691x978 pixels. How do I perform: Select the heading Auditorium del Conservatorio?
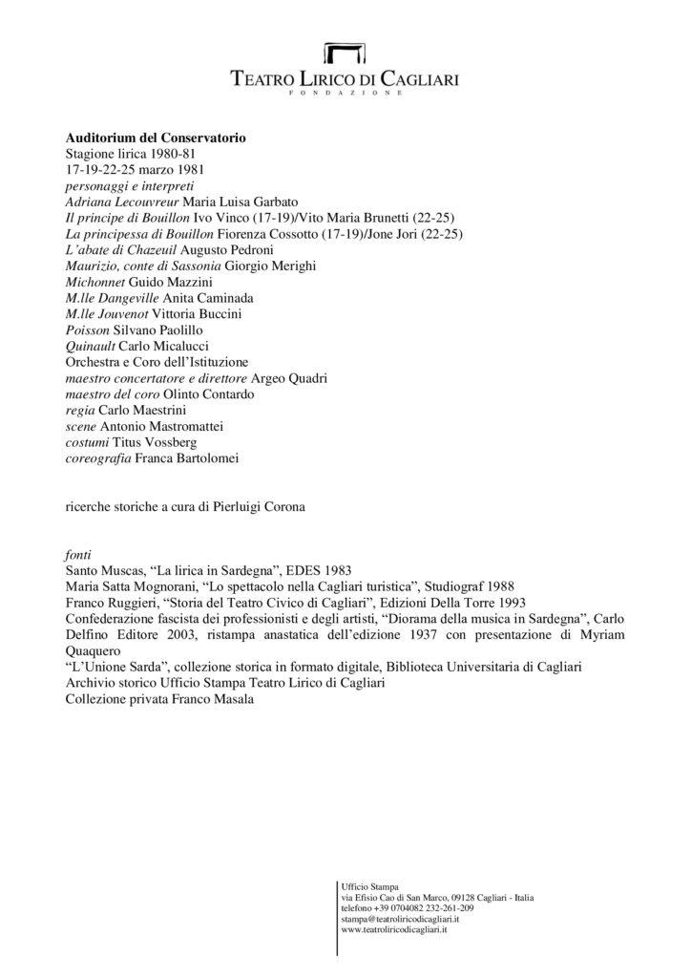[156, 138]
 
